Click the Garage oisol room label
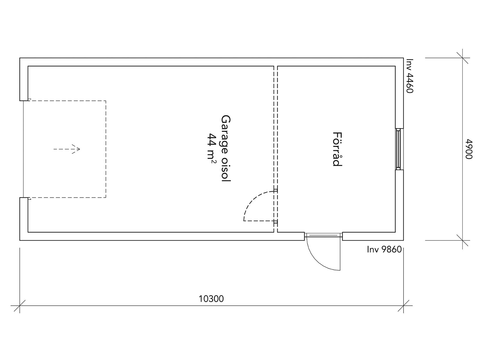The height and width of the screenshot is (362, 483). (x=226, y=148)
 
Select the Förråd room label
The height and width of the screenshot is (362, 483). (x=337, y=149)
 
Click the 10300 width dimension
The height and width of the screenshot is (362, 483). (x=211, y=299)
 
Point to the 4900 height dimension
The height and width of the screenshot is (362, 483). (x=469, y=149)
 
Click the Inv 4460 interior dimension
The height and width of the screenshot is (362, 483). (x=410, y=76)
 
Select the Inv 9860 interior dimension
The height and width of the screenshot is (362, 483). (x=384, y=249)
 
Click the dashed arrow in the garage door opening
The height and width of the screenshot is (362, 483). (x=67, y=149)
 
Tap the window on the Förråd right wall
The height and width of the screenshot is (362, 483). (x=399, y=149)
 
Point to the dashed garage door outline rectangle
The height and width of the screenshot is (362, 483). (x=106, y=149)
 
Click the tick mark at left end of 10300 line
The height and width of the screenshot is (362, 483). (x=20, y=305)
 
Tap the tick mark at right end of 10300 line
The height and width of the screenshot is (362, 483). (x=403, y=305)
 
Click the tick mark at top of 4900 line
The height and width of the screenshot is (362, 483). (x=462, y=58)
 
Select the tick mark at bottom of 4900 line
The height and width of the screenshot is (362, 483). (x=462, y=240)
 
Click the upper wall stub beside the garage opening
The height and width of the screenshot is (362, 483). (x=24, y=79)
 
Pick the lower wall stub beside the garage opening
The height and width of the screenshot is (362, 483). (x=24, y=219)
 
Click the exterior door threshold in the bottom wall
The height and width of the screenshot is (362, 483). (x=323, y=235)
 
